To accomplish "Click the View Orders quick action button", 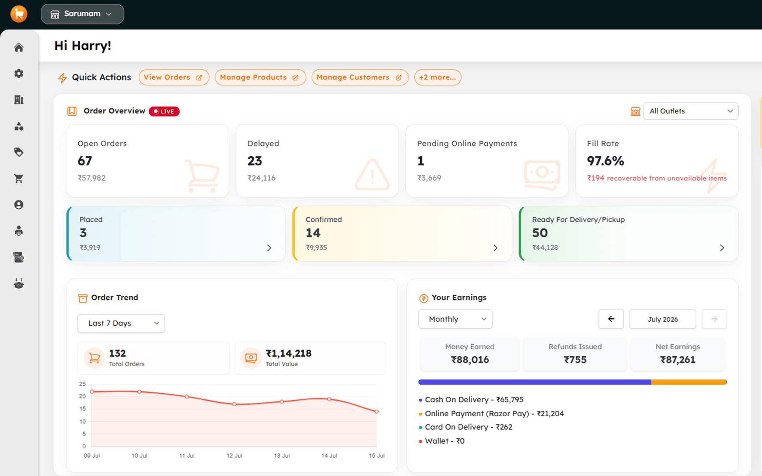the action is point(174,77).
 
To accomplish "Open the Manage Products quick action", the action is point(260,77).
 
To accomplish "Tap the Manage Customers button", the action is point(360,77).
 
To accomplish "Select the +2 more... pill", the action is point(438,77).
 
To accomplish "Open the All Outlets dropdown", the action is point(690,111).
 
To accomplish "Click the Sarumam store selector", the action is point(82,14).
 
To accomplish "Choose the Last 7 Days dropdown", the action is point(121,323).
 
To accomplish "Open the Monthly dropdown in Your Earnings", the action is point(455,319).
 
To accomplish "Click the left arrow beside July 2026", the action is point(611,319).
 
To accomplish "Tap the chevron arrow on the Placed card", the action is point(269,248).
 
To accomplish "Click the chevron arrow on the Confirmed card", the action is point(496,248).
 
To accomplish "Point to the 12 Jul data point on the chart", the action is point(234,404).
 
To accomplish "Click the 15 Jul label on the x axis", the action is point(376,456).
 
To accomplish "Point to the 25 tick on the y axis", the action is point(83,384).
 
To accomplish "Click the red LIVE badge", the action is point(164,111).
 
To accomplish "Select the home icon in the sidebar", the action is point(19,47).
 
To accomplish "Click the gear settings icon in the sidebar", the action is point(19,74).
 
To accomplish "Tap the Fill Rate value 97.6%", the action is point(605,161).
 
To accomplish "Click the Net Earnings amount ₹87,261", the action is point(678,360).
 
